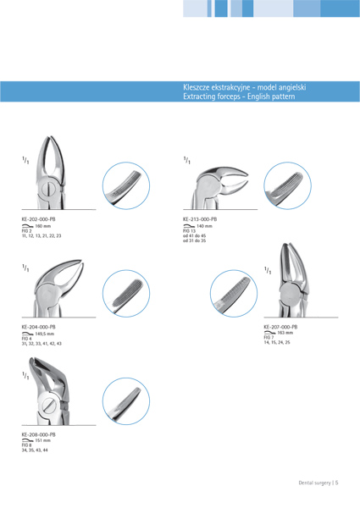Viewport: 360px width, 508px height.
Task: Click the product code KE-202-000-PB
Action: (39, 219)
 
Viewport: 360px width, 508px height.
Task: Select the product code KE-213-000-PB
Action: (200, 219)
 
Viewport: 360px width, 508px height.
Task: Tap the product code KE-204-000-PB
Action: (39, 327)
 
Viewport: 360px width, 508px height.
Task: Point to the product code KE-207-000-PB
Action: (280, 327)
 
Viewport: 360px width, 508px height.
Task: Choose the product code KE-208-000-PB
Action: (39, 435)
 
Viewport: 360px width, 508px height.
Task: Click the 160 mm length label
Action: (42, 226)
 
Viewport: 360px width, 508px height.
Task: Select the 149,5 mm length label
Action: (45, 334)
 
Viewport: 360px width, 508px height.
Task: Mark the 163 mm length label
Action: (285, 333)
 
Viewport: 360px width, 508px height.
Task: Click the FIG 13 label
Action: (189, 231)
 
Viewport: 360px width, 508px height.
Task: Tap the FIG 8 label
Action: (26, 445)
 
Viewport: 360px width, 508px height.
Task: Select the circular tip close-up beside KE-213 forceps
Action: (288, 186)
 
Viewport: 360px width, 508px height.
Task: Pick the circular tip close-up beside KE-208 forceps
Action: (126, 401)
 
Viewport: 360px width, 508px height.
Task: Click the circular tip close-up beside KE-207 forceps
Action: (234, 294)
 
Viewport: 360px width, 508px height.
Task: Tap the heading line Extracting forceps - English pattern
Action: (239, 97)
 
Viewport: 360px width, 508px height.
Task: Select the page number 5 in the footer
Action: (337, 483)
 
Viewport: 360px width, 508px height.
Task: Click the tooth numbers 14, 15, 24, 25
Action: (277, 342)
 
